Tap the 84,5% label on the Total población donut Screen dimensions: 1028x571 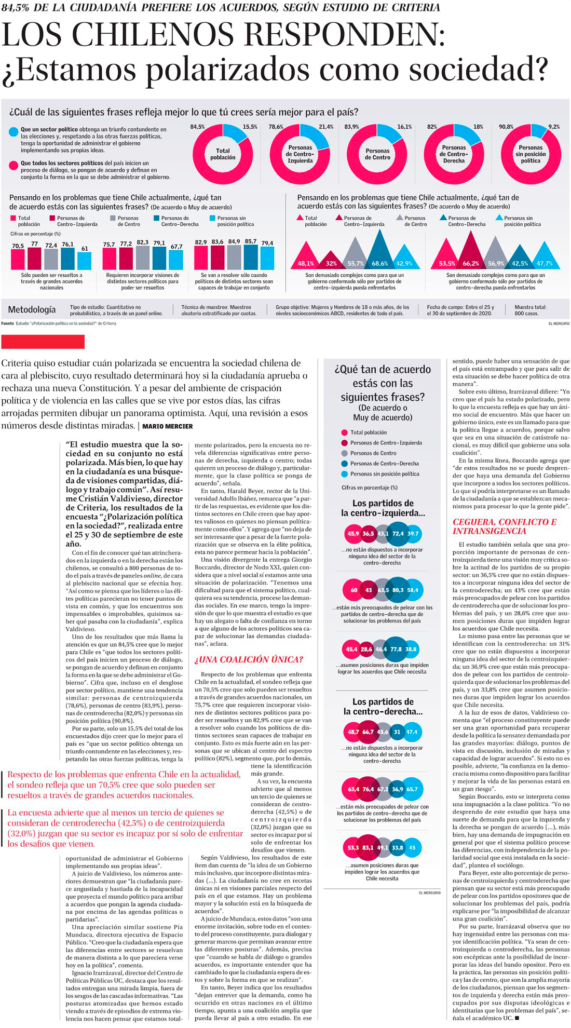[x=198, y=127]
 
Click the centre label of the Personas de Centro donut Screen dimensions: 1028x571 [x=377, y=154]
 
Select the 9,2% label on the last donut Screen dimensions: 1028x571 [x=554, y=127]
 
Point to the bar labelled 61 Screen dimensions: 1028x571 [x=84, y=260]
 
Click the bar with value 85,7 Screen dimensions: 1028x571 [x=251, y=256]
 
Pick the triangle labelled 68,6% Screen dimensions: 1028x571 [x=380, y=252]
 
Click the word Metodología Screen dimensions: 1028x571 [x=32, y=310]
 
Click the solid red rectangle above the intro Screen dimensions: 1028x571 [x=43, y=342]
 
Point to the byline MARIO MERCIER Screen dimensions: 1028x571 [x=167, y=426]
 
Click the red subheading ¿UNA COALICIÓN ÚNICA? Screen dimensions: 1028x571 [x=249, y=659]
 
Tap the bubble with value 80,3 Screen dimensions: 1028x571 [x=398, y=590]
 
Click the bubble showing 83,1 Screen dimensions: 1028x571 [x=368, y=848]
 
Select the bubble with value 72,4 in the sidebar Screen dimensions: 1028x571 [x=398, y=533]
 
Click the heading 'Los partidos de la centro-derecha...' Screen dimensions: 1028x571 [x=383, y=707]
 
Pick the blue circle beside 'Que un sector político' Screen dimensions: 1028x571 [x=13, y=132]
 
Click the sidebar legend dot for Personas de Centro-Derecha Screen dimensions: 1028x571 [x=344, y=464]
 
